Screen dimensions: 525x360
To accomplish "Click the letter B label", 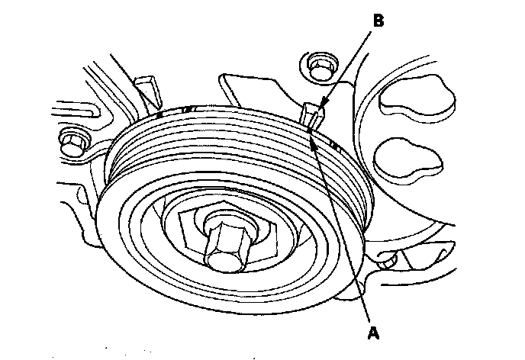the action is click(377, 21).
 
